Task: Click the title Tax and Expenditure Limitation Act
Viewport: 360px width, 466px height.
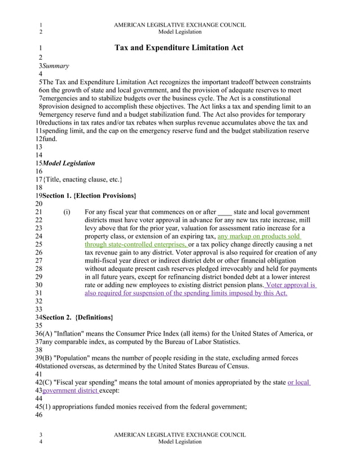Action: [179, 48]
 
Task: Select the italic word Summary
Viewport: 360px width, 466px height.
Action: [56, 66]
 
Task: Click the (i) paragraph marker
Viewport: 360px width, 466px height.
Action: [67, 212]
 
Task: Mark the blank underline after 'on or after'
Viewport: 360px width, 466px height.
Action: [224, 212]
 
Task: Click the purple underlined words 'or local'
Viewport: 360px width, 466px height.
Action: [298, 383]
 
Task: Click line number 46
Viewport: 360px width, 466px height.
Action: [39, 415]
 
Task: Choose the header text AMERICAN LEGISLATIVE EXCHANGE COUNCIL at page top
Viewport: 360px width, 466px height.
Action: [179, 25]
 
